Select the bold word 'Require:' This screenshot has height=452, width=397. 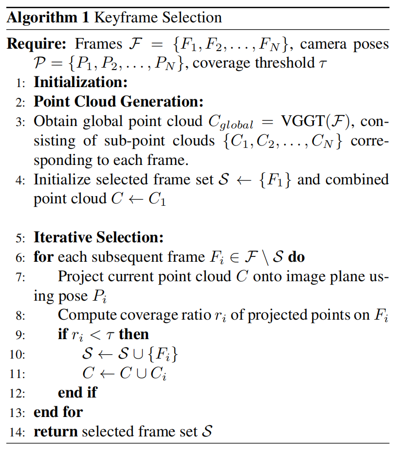36,44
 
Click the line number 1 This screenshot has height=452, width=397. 20,83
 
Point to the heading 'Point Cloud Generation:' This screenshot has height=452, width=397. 118,102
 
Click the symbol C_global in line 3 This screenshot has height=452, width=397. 231,123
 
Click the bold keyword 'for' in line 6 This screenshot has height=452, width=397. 43,256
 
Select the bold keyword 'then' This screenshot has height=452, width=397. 134,334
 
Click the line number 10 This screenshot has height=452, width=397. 18,355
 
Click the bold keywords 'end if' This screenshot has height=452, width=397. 77,392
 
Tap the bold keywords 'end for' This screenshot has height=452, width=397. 58,412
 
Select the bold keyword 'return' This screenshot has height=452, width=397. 55,431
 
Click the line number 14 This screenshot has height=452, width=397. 18,432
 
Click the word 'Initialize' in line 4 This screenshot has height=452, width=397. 62,180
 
